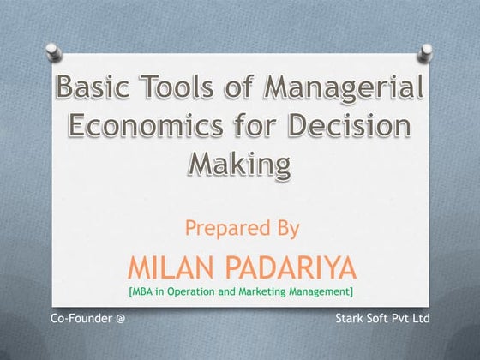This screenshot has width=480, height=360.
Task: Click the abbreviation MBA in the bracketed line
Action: pyautogui.click(x=143, y=291)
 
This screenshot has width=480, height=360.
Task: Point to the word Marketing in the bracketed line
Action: pyautogui.click(x=262, y=291)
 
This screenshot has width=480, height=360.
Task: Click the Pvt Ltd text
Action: pyautogui.click(x=417, y=319)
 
